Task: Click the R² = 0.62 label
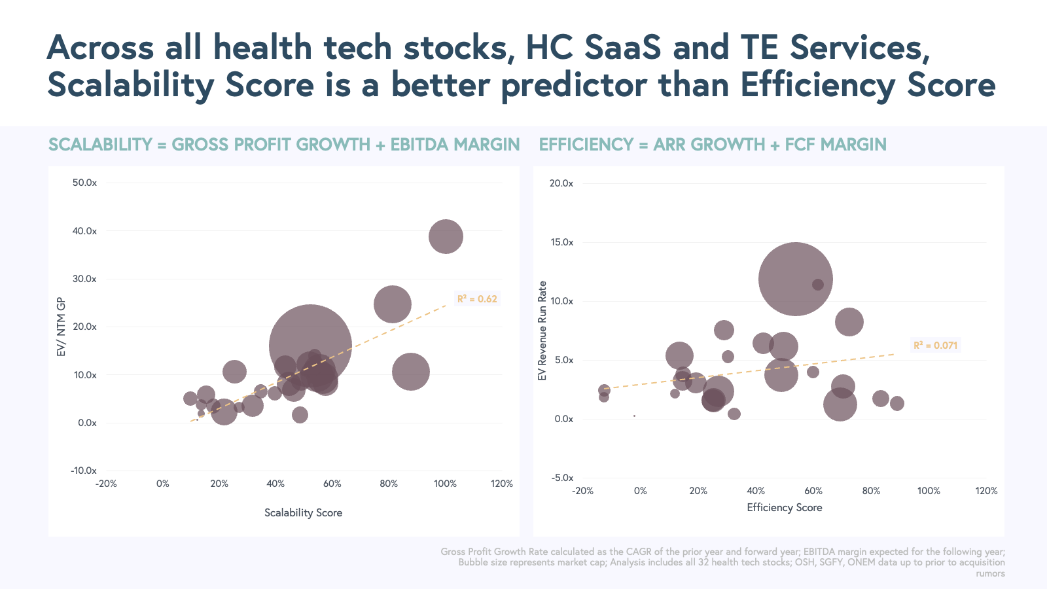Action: coord(477,299)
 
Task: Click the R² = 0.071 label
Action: coord(935,346)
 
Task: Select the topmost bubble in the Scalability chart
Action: coord(446,236)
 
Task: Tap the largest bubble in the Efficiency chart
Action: coord(795,279)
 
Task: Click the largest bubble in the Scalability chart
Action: coord(310,346)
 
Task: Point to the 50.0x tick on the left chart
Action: coord(84,183)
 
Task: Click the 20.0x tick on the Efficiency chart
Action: coord(561,183)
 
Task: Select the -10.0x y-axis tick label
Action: coord(84,471)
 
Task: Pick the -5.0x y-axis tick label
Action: coord(562,478)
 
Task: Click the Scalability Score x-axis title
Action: coord(303,512)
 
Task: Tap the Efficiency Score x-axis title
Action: coord(784,507)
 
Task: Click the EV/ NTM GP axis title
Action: coord(62,327)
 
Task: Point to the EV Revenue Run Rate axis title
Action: coord(542,330)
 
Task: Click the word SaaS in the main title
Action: coord(622,47)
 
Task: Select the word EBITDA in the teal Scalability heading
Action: coord(419,145)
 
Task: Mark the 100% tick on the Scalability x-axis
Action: coord(445,484)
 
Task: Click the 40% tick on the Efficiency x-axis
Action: coord(756,491)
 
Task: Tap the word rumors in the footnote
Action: coord(990,573)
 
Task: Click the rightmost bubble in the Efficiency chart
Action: coord(896,403)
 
